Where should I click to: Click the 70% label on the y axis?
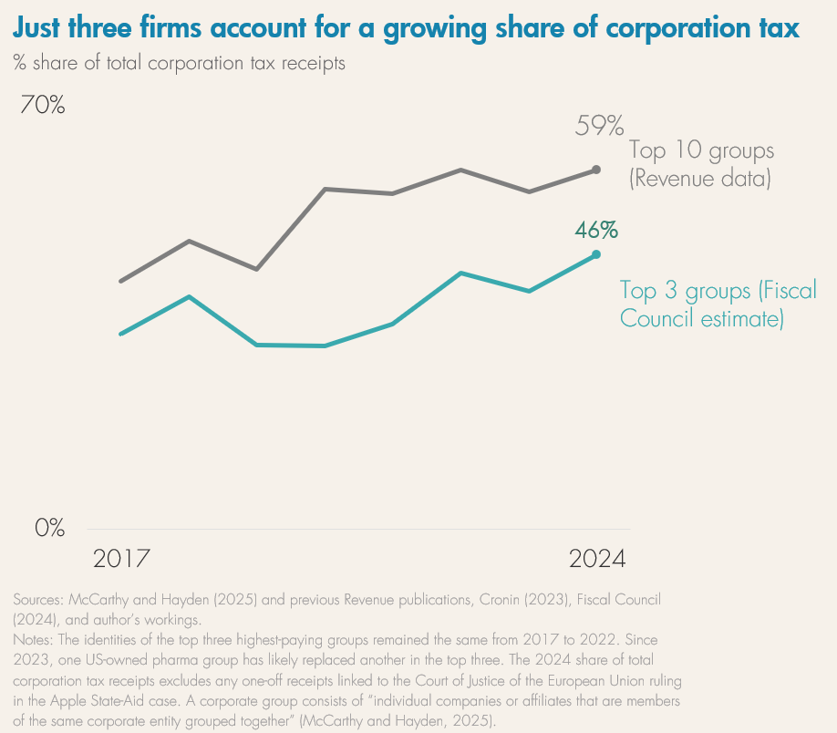coord(43,106)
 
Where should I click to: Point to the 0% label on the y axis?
coord(50,528)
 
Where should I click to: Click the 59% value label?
coord(598,126)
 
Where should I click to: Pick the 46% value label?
coord(596,230)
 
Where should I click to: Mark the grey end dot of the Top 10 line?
coord(596,170)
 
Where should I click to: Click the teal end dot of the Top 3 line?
coord(596,254)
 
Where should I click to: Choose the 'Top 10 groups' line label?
coord(701,150)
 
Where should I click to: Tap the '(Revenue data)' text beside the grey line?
coord(700,179)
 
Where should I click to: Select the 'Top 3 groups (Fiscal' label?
coord(718,291)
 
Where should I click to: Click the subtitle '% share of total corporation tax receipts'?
coord(179,64)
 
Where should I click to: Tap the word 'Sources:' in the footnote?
coord(39,600)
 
